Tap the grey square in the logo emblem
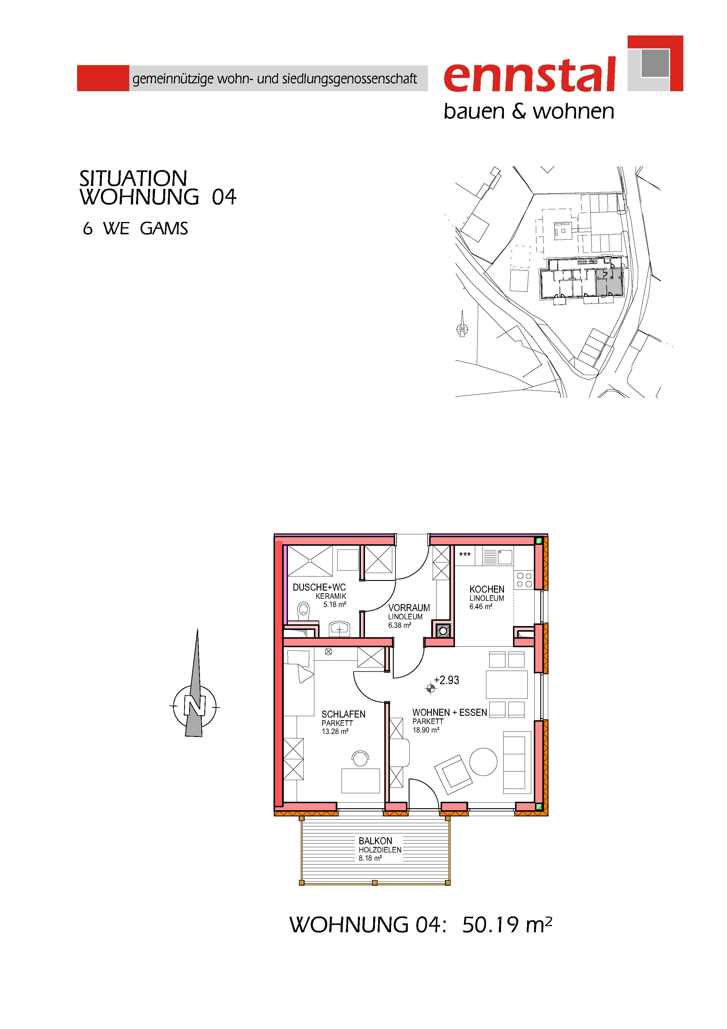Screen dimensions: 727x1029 [x=655, y=63]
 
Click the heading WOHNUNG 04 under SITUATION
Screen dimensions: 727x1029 [x=158, y=197]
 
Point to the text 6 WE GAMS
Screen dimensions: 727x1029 [x=135, y=228]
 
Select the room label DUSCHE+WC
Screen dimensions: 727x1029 [x=319, y=587]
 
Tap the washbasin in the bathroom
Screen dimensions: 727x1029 [x=340, y=629]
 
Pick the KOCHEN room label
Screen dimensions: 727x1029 [x=487, y=589]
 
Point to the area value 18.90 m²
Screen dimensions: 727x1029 [x=426, y=730]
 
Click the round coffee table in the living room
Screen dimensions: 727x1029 [x=483, y=762]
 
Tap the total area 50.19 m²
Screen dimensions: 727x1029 [x=507, y=925]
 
